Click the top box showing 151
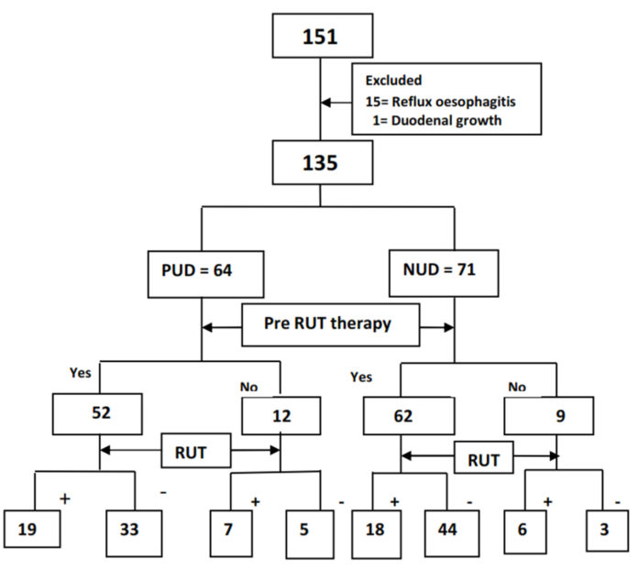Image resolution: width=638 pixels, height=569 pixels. point(320,37)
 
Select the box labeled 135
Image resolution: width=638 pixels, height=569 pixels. point(320,166)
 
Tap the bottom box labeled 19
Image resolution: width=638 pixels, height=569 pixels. point(32,529)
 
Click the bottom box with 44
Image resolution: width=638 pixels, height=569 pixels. point(448,529)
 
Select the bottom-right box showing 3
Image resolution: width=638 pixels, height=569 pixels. point(604,529)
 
